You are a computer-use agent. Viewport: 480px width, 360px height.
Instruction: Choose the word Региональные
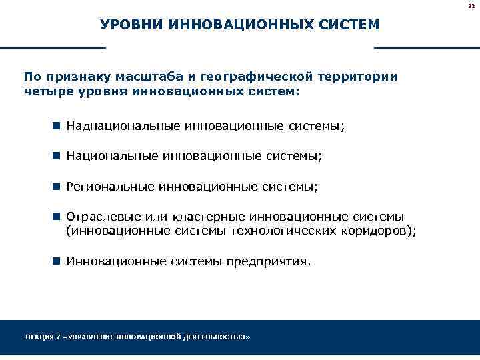109,187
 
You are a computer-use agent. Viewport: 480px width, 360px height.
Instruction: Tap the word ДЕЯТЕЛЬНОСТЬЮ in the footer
215,337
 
